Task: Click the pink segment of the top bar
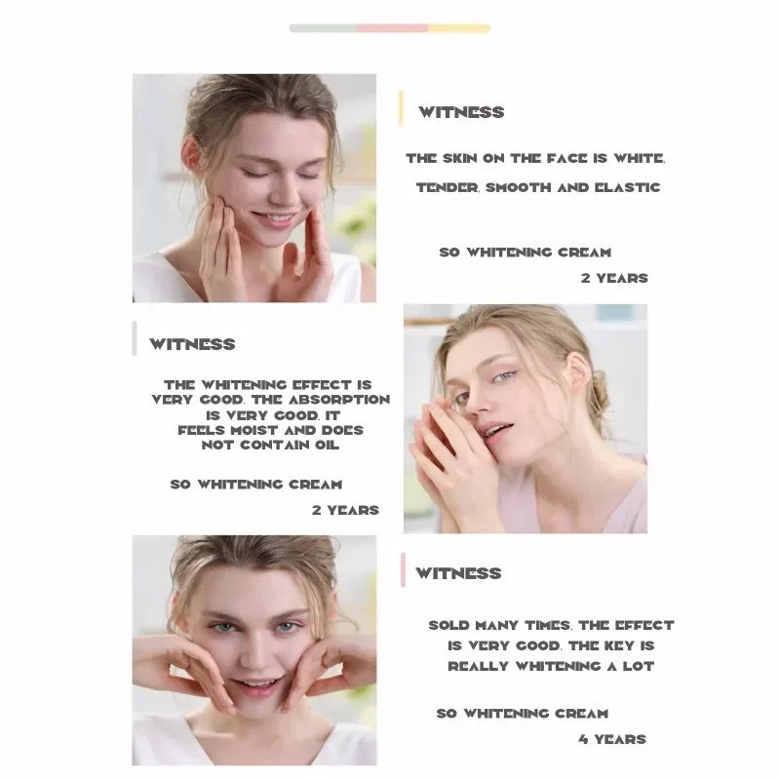(392, 28)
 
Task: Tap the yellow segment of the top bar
(458, 28)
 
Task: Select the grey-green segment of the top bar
(323, 28)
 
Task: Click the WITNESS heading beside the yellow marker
(461, 112)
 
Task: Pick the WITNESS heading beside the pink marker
(458, 573)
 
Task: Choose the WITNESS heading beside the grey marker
(192, 344)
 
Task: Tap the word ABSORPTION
(339, 400)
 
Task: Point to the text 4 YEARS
(612, 739)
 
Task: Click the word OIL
(327, 446)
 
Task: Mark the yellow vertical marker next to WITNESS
(401, 108)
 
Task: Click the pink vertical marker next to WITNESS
(403, 570)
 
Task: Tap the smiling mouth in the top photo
(273, 217)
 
